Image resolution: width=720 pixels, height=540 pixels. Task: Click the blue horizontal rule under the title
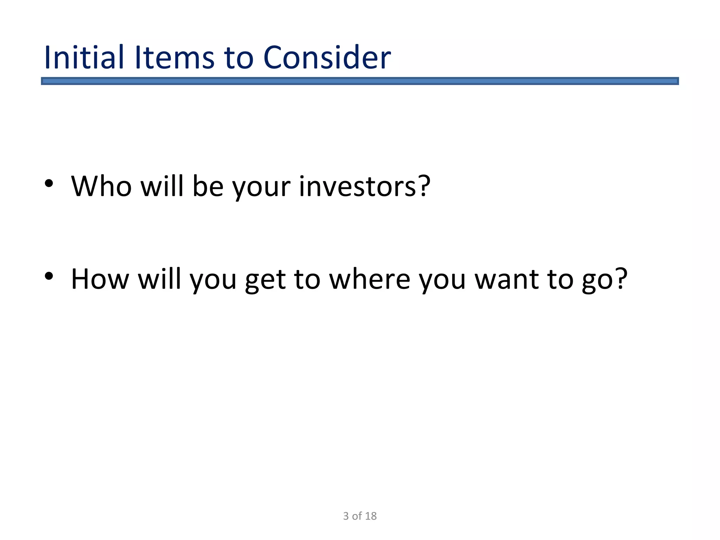tap(360, 81)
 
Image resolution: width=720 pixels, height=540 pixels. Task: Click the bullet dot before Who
tap(49, 183)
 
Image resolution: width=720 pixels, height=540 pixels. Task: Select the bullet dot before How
tap(49, 276)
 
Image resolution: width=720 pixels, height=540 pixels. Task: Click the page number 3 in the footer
tap(346, 516)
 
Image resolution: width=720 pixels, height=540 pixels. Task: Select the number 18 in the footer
tap(371, 516)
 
